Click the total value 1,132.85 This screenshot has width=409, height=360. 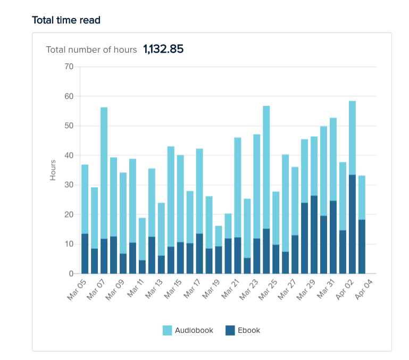point(163,49)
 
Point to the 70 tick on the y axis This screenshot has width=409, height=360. point(69,66)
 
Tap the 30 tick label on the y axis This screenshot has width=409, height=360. point(69,185)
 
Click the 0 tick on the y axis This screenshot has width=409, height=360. point(71,274)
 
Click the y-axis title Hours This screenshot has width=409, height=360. point(53,170)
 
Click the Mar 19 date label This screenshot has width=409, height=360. point(211,290)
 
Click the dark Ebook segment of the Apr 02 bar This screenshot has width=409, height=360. point(352,224)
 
